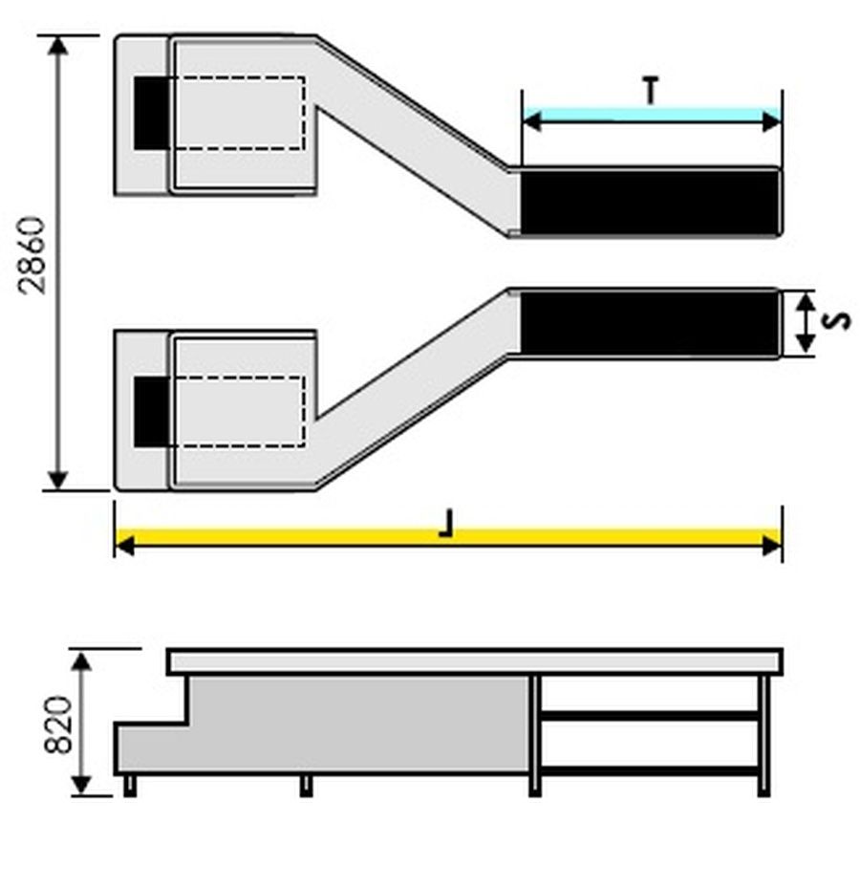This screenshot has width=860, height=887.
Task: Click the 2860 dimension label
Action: [x=32, y=255]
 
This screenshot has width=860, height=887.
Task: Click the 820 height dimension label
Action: [x=58, y=725]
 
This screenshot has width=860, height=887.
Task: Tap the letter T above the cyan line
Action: [x=652, y=91]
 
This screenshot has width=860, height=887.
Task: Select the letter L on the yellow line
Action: [x=446, y=523]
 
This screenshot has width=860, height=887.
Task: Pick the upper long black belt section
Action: [x=649, y=202]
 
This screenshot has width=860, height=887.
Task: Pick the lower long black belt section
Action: [x=649, y=324]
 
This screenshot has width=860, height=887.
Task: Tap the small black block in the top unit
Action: [x=152, y=113]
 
